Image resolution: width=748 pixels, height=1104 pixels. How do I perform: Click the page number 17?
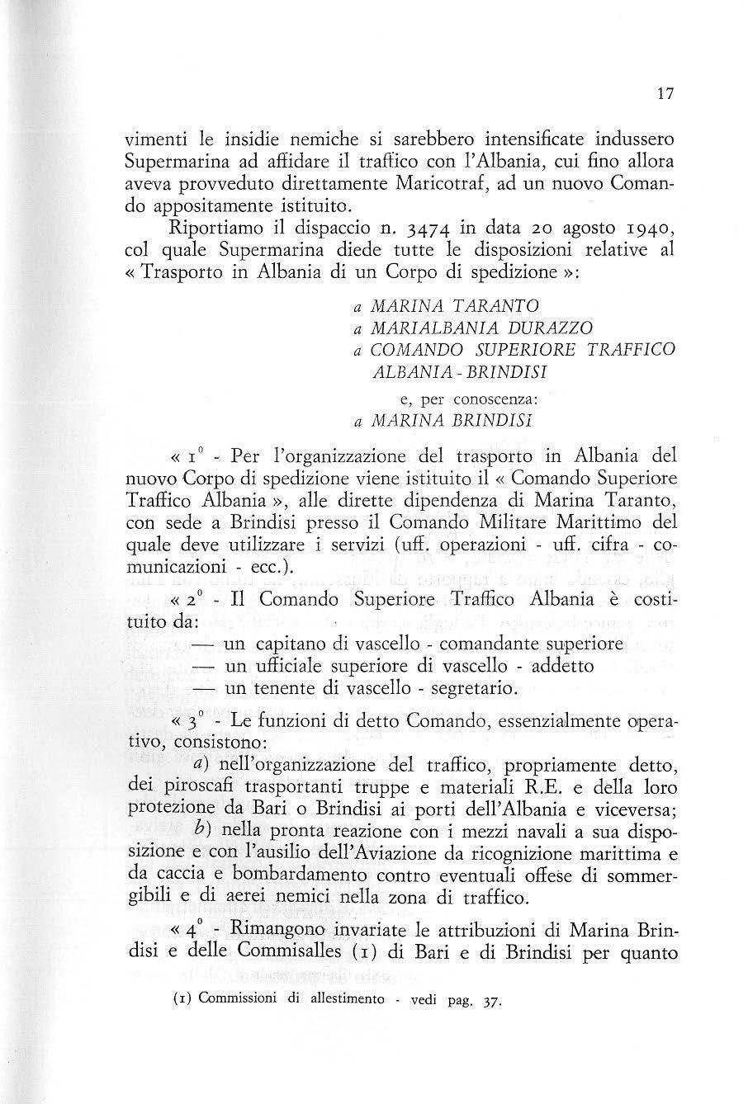666,94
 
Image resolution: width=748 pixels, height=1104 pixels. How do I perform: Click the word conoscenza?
496,399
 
